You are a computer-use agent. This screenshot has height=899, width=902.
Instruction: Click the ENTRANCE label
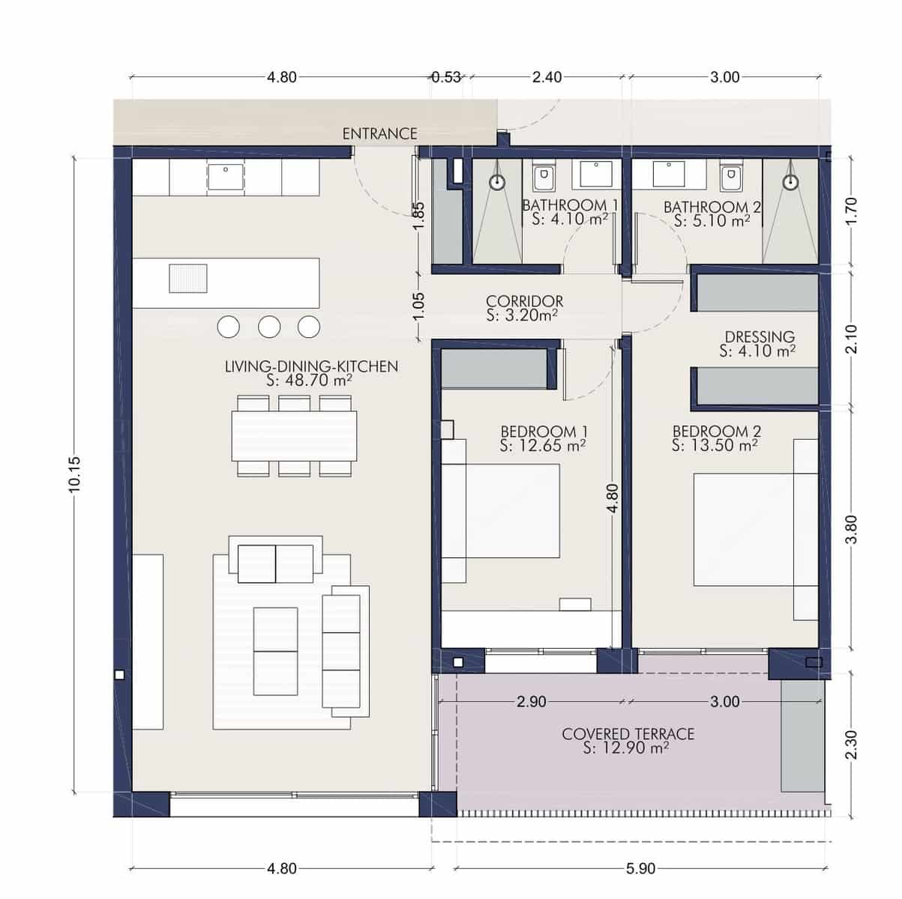coord(379,133)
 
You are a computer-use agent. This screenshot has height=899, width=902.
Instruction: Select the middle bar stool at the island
coord(269,327)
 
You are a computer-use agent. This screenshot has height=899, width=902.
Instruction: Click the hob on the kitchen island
coord(187,278)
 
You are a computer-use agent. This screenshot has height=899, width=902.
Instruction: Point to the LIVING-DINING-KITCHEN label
coord(311,366)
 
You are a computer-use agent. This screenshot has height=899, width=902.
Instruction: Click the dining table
coord(294,436)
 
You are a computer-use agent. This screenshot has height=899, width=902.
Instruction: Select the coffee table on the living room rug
coord(275,651)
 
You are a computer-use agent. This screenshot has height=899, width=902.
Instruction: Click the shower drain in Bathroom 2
coord(789,182)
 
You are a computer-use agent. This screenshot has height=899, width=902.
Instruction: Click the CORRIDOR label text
coord(524,301)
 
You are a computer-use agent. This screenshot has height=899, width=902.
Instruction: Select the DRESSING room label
coord(759,337)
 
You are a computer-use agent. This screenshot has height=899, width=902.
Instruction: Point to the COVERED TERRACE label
coord(628,734)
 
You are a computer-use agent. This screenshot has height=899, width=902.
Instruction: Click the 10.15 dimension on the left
coord(74,474)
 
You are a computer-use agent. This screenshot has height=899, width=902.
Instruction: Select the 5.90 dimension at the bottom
coord(640,869)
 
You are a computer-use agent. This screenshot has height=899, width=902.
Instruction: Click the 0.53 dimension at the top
coord(446,77)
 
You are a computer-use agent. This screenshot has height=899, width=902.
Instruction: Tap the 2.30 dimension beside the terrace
coord(850,745)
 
